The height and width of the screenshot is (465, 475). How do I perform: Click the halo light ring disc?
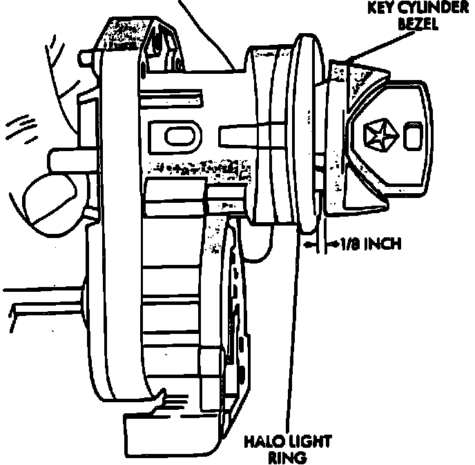point(307,131)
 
